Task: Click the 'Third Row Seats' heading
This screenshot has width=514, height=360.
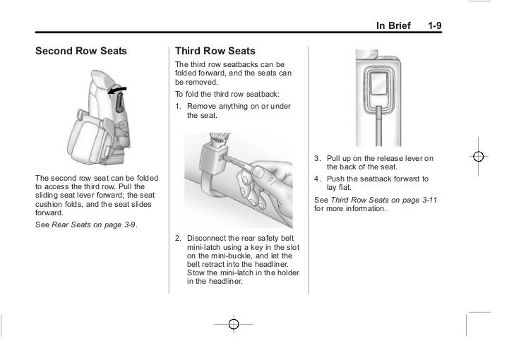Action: point(215,52)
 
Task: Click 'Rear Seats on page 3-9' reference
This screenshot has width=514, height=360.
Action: point(95,224)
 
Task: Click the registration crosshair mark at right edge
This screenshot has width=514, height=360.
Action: point(478,157)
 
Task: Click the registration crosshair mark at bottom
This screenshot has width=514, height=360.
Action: point(234,324)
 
